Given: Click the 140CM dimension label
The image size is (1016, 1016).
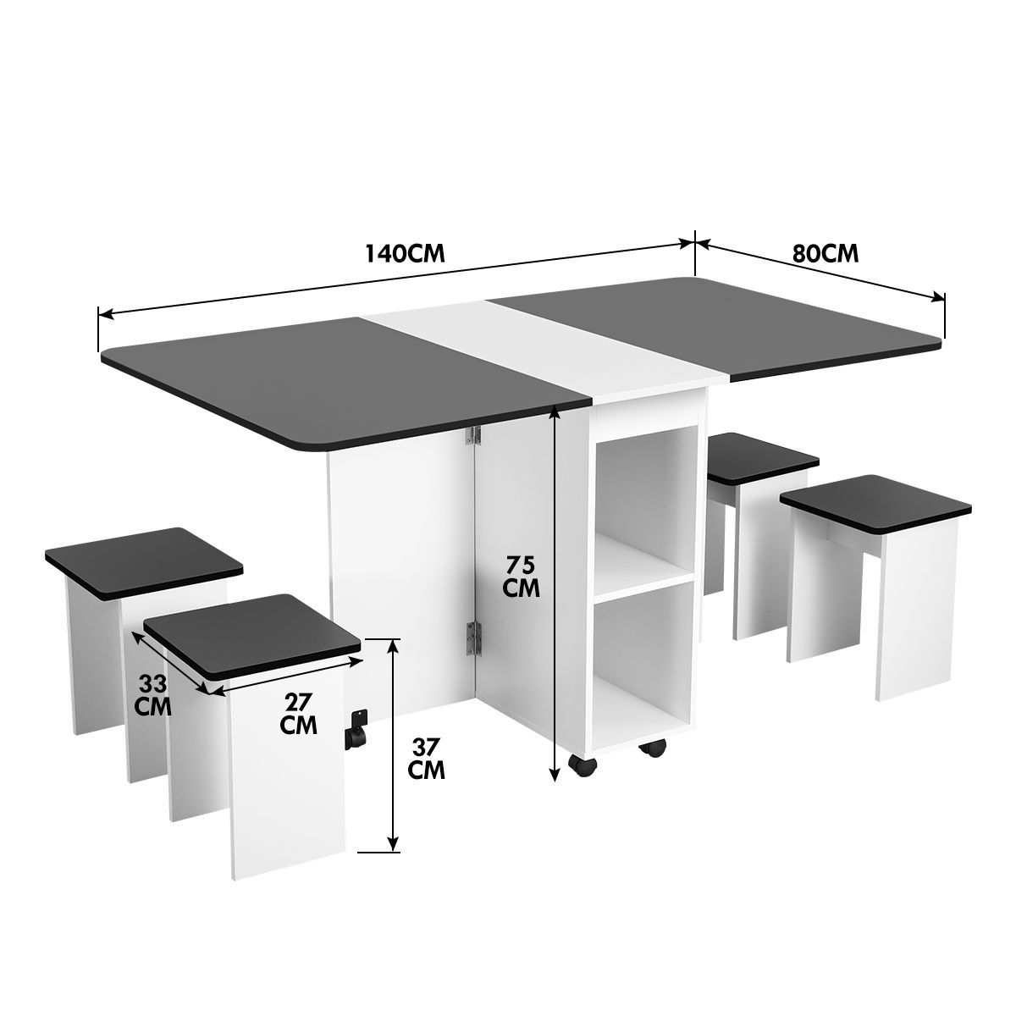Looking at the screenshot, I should pos(405,254).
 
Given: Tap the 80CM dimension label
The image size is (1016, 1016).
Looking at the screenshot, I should pos(825,253).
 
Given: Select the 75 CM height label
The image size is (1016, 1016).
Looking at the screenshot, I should pos(521,577).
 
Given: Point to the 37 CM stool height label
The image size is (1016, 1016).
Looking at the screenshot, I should pos(426,759).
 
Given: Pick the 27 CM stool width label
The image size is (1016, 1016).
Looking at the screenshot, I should pos(301,713).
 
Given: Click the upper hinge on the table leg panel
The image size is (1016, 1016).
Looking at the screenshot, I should pos(476,435).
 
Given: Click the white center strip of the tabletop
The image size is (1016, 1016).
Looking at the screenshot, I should pos(542,347).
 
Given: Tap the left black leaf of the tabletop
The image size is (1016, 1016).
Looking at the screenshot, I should pos(339,381).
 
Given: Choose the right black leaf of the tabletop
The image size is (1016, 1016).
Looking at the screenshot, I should pos(720,326).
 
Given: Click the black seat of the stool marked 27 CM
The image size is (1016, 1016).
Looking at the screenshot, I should pos(252,635).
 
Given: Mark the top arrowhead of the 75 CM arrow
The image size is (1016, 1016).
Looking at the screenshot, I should pos(554,411).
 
